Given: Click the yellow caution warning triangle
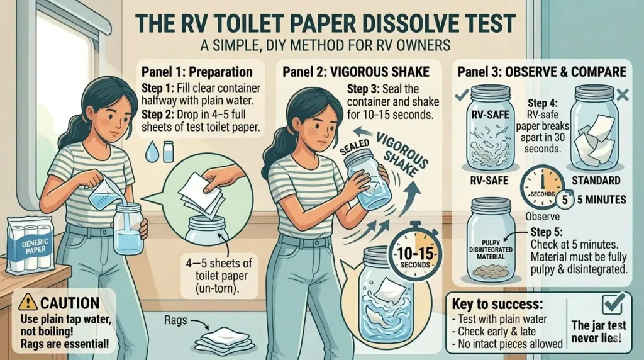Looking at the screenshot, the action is pyautogui.click(x=28, y=302).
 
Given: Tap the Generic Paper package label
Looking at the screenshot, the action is pyautogui.click(x=35, y=246).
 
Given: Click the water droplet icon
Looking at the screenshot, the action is pyautogui.click(x=152, y=152).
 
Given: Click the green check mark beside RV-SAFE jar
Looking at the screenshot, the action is pyautogui.click(x=462, y=95).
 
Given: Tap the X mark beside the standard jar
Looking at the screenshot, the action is pyautogui.click(x=622, y=95).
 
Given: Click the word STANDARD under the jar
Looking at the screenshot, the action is pyautogui.click(x=596, y=181).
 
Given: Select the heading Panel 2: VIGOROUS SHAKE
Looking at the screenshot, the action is pyautogui.click(x=356, y=72).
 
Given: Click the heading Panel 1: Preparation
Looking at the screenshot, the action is pyautogui.click(x=197, y=72).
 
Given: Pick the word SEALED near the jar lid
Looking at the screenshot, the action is pyautogui.click(x=354, y=147).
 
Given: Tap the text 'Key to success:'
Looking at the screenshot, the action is pyautogui.click(x=497, y=304).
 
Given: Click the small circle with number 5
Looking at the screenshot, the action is pyautogui.click(x=565, y=200).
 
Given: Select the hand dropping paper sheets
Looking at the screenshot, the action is pyautogui.click(x=222, y=177).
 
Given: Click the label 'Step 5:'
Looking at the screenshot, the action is pyautogui.click(x=547, y=232).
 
